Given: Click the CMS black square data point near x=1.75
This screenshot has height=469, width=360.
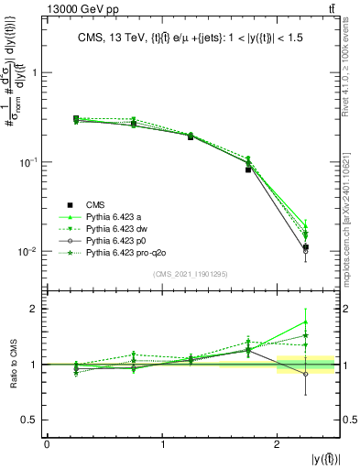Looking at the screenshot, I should [248, 169].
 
